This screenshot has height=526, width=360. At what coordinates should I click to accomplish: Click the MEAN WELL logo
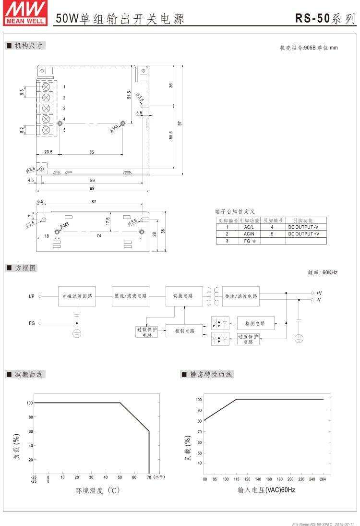(25, 13)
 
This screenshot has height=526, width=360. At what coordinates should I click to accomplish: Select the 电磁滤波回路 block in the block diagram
(77, 296)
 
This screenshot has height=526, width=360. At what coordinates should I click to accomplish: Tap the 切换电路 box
(184, 296)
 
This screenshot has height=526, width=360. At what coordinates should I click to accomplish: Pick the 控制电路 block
(184, 330)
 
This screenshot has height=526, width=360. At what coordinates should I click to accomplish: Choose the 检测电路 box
(255, 323)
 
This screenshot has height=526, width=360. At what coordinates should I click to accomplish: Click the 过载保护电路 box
(146, 331)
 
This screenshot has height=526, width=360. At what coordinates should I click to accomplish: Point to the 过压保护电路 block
(248, 339)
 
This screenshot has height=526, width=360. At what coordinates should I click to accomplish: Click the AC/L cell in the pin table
(249, 227)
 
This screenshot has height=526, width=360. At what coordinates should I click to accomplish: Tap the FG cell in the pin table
(249, 241)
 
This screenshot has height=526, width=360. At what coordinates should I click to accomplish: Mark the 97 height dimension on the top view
(180, 123)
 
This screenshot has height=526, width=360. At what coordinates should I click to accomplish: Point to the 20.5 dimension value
(48, 152)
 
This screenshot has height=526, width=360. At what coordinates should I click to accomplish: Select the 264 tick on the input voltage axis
(323, 479)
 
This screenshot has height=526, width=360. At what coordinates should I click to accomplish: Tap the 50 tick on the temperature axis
(120, 477)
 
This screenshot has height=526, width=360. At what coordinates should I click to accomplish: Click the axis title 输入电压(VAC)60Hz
(266, 490)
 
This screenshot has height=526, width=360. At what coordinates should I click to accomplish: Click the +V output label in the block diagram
(319, 293)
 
